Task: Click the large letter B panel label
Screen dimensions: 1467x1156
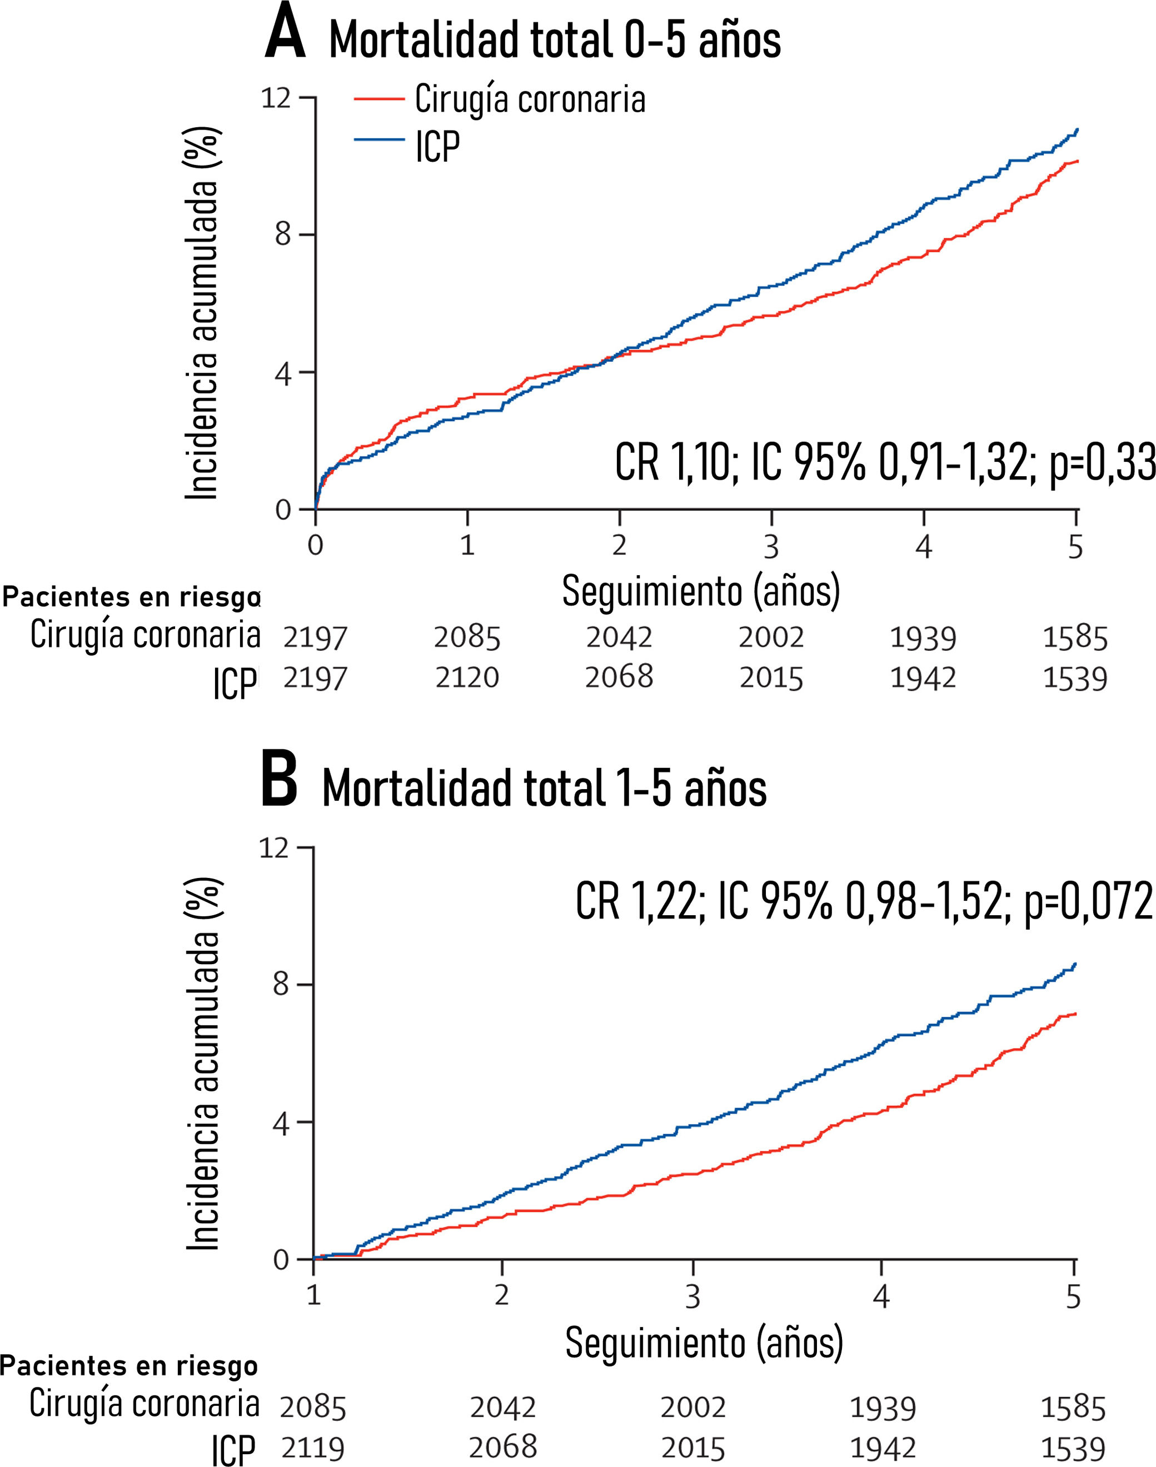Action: coord(279,784)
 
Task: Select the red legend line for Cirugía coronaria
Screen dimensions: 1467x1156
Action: coord(379,99)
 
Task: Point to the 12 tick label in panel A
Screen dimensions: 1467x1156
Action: coord(276,99)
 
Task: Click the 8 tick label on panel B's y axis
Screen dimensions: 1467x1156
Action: coord(280,984)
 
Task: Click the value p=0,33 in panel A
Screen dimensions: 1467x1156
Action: coord(1102,464)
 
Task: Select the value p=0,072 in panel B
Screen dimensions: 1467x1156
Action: coord(1088,901)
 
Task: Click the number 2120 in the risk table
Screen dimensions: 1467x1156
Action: coord(467,677)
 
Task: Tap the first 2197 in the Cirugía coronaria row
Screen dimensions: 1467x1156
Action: coord(315,637)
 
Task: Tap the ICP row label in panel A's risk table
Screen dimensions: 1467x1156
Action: coord(234,684)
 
